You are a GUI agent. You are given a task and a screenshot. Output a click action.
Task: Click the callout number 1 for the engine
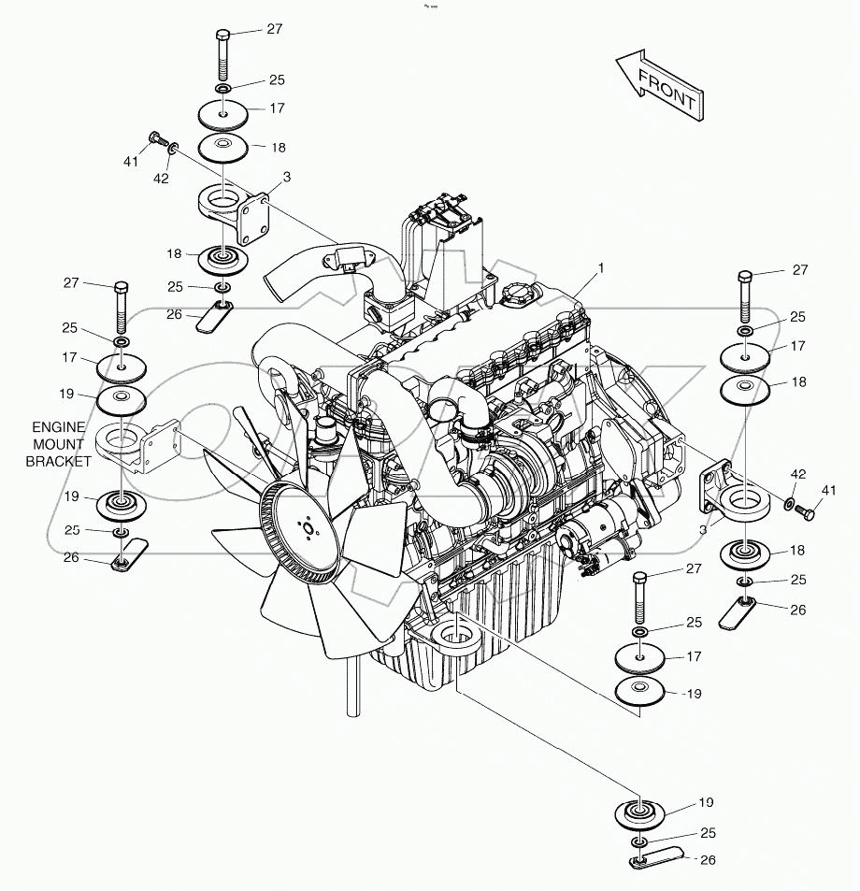601,267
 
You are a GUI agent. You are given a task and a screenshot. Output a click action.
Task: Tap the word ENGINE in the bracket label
58,427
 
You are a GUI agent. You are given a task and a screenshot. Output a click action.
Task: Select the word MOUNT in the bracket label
58,444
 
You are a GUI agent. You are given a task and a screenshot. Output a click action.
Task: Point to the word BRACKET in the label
58,461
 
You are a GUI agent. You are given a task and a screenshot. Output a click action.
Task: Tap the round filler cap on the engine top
516,296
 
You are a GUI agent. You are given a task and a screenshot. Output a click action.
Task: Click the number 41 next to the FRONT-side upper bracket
131,162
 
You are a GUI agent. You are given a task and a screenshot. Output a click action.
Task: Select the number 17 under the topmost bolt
277,108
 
